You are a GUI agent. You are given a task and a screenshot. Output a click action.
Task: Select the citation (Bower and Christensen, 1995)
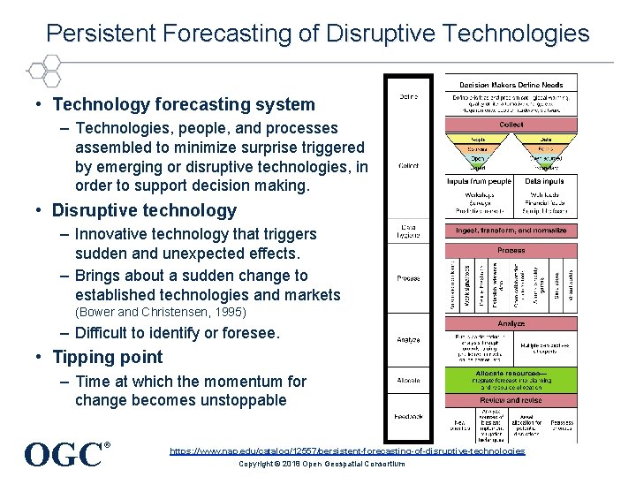(x=160, y=312)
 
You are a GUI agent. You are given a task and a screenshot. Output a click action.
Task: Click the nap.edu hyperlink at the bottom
(x=347, y=450)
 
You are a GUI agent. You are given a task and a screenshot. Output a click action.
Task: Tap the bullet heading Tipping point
(x=108, y=357)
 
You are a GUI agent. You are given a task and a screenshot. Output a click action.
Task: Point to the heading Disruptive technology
(x=144, y=210)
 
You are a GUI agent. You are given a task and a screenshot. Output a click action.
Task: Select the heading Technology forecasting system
(x=184, y=104)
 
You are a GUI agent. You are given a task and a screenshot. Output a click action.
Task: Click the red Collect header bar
(x=511, y=125)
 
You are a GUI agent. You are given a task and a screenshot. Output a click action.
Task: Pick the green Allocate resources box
(x=511, y=380)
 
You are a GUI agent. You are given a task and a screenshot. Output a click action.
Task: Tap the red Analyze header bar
(x=511, y=324)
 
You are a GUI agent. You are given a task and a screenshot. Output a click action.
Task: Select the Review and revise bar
(x=511, y=399)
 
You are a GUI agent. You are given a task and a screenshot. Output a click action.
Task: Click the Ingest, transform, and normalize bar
(x=511, y=230)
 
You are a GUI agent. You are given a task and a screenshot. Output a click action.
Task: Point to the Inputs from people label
(x=478, y=181)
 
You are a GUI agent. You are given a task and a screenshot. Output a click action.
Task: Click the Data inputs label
(x=545, y=181)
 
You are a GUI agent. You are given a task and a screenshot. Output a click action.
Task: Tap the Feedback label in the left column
(x=409, y=416)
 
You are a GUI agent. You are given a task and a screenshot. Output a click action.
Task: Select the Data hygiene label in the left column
(x=409, y=231)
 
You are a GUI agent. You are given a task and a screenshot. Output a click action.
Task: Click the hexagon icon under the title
(x=42, y=70)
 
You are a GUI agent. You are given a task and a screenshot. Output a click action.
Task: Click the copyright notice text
(x=322, y=464)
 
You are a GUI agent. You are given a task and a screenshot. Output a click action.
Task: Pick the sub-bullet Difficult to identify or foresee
(x=177, y=333)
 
